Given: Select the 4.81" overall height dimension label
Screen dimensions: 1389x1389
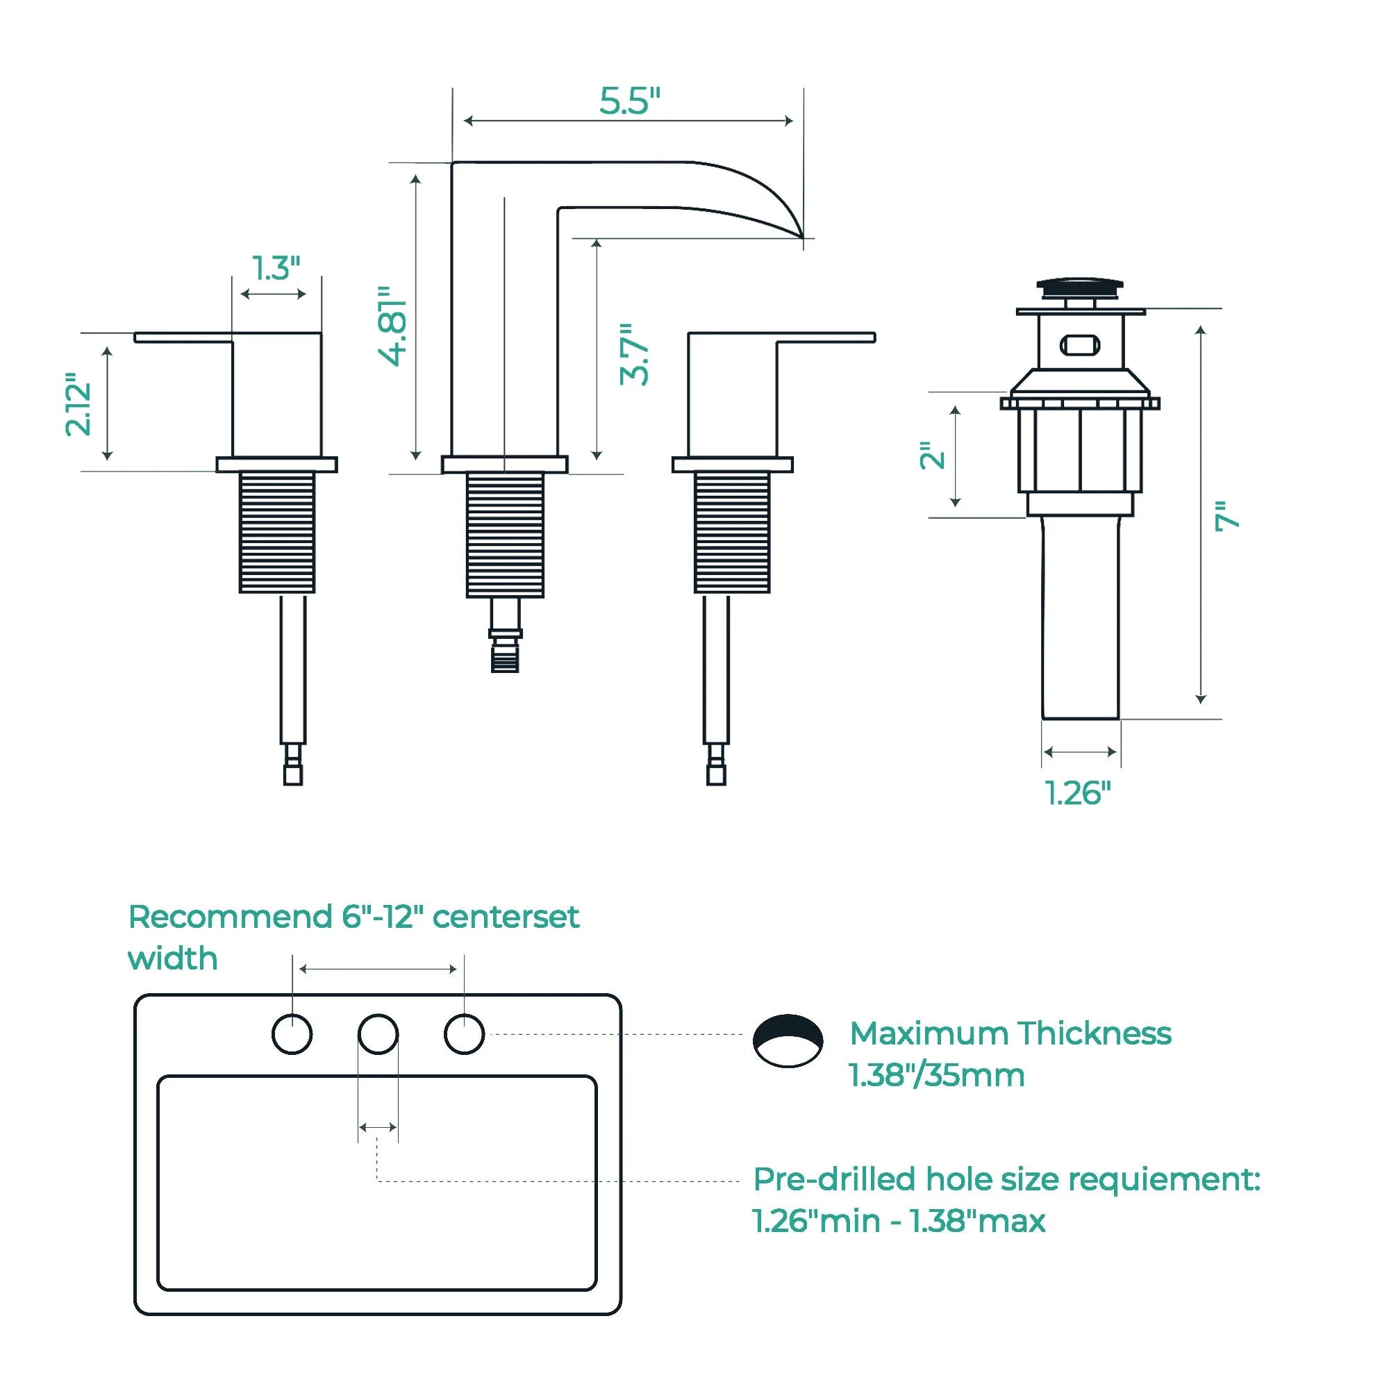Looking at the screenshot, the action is point(394,325).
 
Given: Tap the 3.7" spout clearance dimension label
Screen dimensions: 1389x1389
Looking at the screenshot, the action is point(635,354).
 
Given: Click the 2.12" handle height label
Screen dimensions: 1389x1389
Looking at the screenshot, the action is point(78,404).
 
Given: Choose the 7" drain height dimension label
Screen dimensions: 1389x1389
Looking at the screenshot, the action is point(1227,516).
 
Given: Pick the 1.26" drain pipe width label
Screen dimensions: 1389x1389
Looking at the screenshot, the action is point(1078,793).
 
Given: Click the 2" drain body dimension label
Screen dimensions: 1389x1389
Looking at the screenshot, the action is point(933,456).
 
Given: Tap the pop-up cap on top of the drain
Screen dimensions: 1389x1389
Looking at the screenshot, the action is point(1080,288).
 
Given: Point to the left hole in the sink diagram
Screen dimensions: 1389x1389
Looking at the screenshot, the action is point(292,1035).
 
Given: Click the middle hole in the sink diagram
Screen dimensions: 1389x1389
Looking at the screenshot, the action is point(379,1035).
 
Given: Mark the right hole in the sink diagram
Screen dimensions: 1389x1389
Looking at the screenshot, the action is point(465,1035).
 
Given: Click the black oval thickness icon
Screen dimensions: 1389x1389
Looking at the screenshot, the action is point(788,1040).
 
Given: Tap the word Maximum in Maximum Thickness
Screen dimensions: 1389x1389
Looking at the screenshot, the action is point(929,1034).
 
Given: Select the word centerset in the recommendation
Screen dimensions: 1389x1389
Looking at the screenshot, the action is point(506,917).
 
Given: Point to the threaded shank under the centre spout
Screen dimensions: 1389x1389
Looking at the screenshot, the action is point(505,535).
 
